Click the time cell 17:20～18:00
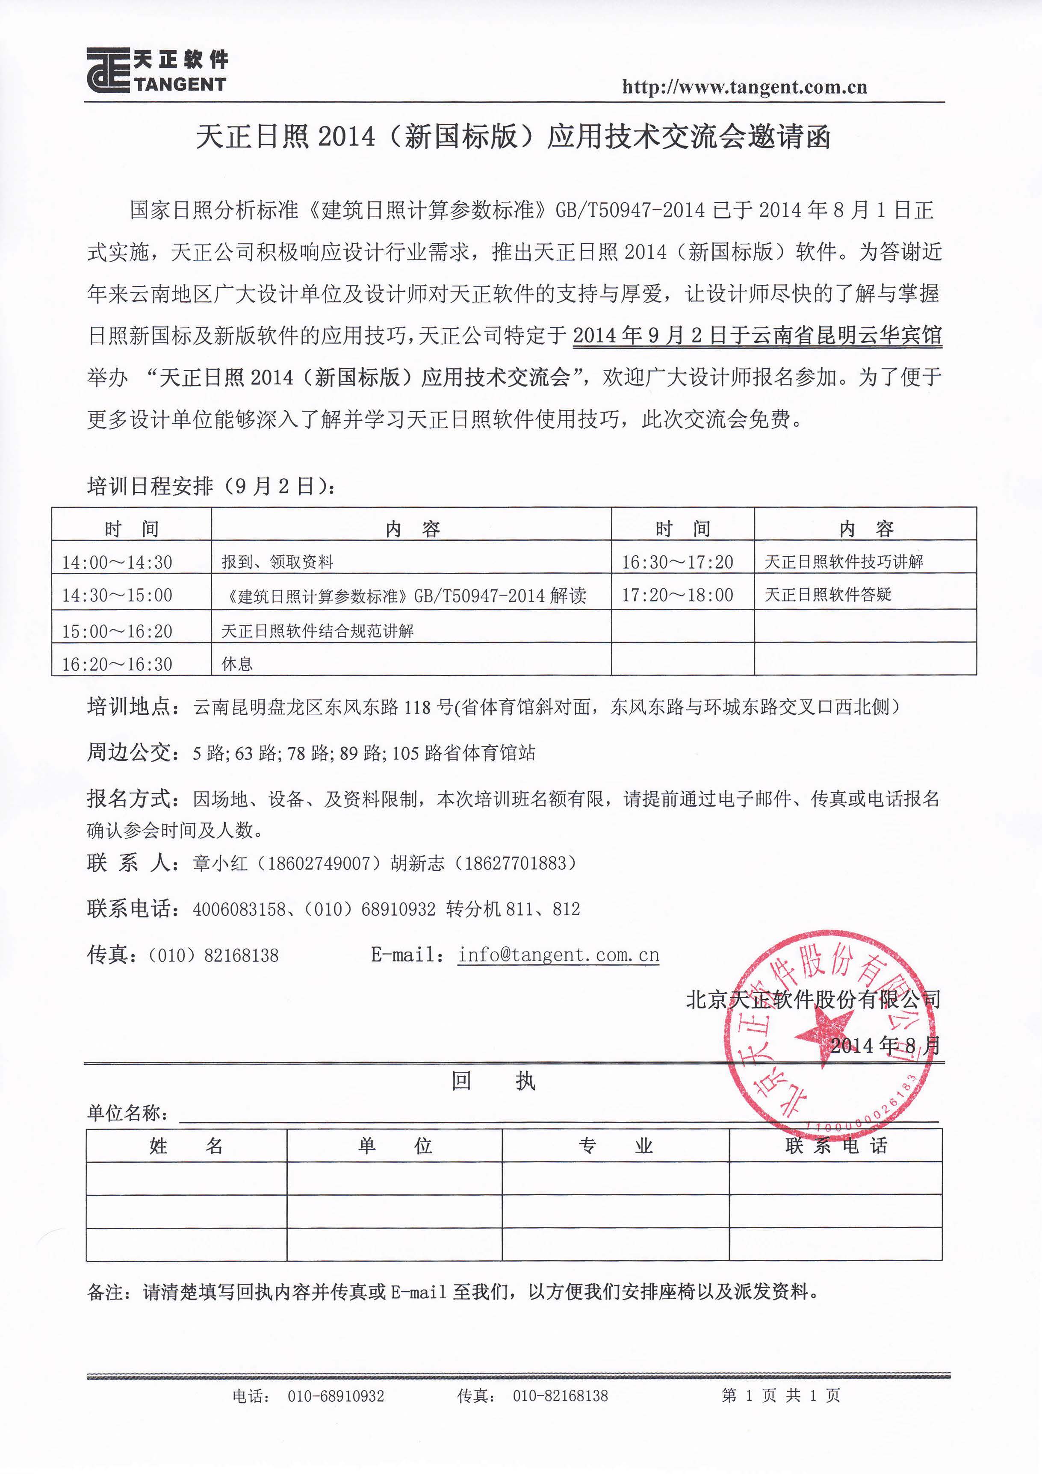(x=677, y=595)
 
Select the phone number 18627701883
(x=516, y=863)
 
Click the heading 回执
(x=493, y=1082)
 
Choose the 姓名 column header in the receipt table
(x=186, y=1146)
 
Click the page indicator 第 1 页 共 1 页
(x=780, y=1395)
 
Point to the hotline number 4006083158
(x=239, y=909)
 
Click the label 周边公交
(x=132, y=752)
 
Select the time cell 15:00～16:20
(x=117, y=631)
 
